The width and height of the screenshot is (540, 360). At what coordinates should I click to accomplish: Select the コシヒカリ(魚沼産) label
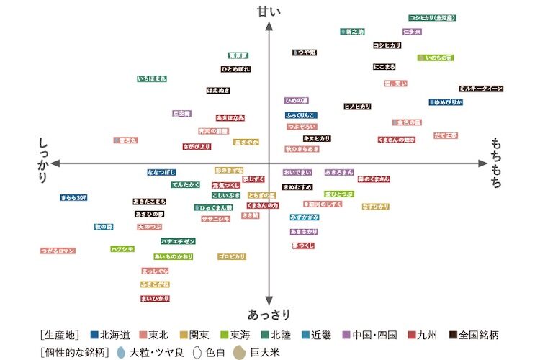[432, 17]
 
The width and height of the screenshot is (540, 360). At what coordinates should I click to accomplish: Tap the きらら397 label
[73, 197]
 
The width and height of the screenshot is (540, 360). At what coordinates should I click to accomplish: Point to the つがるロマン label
[58, 251]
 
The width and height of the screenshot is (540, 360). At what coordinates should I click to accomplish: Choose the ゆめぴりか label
[446, 103]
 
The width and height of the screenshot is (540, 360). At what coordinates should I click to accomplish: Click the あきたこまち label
[150, 202]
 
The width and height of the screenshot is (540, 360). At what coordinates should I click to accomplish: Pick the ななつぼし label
[162, 173]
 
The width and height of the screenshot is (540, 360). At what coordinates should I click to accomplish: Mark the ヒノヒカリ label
[357, 107]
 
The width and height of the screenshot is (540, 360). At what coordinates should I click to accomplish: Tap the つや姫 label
[305, 53]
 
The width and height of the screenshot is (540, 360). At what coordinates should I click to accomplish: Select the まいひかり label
[155, 298]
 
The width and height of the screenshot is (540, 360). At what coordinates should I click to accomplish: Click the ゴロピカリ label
[232, 256]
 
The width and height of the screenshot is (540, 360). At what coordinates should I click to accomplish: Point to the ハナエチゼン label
[178, 241]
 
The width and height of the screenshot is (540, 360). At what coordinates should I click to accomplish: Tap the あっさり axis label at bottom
[269, 315]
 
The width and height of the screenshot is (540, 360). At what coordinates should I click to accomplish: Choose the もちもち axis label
[497, 163]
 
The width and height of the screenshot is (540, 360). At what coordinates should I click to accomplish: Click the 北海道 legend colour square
[94, 335]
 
